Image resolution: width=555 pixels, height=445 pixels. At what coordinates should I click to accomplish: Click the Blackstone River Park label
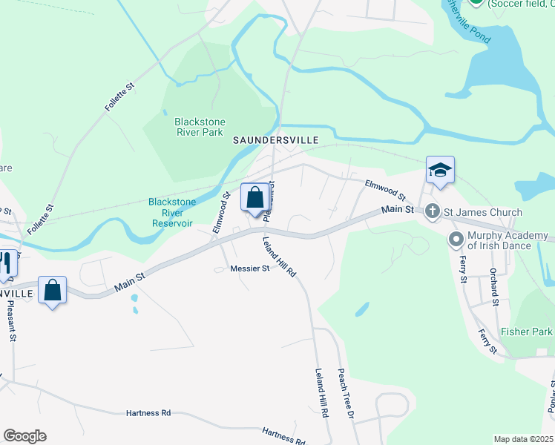click(200, 127)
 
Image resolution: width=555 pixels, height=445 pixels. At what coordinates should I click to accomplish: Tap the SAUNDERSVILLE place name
click(276, 139)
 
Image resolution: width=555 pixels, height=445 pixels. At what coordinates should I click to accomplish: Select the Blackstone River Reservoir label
click(171, 212)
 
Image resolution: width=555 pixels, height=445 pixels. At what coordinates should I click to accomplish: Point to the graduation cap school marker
click(440, 170)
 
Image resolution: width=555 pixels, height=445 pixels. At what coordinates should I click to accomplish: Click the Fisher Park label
click(527, 332)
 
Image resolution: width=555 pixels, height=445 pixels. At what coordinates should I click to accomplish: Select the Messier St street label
click(249, 268)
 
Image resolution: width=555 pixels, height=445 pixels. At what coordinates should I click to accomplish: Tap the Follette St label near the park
click(119, 97)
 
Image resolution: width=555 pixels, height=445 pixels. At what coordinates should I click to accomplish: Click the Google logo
click(24, 436)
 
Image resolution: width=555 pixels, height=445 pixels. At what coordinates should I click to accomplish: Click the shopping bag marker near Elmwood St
click(255, 198)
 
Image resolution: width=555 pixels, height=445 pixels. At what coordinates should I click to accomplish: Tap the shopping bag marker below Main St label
click(53, 291)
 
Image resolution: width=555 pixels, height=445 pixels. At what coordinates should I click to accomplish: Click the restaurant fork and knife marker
click(6, 264)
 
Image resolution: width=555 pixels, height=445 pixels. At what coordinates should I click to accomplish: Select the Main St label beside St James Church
click(398, 210)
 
